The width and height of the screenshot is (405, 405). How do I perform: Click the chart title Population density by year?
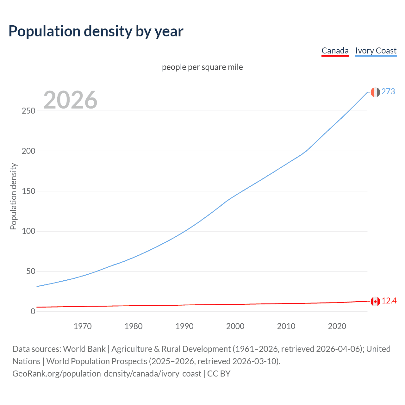click(x=96, y=31)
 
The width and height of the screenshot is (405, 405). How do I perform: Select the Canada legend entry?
click(x=335, y=51)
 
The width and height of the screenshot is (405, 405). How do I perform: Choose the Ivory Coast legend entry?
click(x=376, y=51)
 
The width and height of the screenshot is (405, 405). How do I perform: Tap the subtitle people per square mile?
click(x=202, y=67)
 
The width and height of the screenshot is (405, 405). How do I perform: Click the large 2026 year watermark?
click(x=70, y=100)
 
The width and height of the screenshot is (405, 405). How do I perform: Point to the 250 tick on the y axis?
click(x=28, y=111)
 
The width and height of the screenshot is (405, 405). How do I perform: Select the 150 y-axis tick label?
click(x=28, y=191)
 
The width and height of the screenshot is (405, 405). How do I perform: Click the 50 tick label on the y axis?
click(x=31, y=271)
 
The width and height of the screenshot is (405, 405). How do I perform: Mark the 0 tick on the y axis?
click(x=33, y=312)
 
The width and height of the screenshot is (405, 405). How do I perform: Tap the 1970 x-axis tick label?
click(x=83, y=326)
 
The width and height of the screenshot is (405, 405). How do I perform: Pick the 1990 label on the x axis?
click(x=184, y=326)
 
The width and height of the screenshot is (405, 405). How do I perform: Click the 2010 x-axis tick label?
click(x=286, y=326)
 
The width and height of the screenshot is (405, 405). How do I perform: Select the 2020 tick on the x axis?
click(x=337, y=326)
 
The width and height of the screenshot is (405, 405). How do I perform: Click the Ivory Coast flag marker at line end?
click(x=375, y=92)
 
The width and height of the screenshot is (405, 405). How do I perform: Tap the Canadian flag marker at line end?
click(x=375, y=302)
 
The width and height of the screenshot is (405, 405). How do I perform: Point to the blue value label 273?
click(x=388, y=92)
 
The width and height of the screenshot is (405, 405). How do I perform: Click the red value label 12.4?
click(x=389, y=301)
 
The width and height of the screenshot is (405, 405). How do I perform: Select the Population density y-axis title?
click(x=13, y=196)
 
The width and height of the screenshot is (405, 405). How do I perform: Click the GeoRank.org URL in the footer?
click(x=107, y=374)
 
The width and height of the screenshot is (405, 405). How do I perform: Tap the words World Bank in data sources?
click(x=84, y=349)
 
